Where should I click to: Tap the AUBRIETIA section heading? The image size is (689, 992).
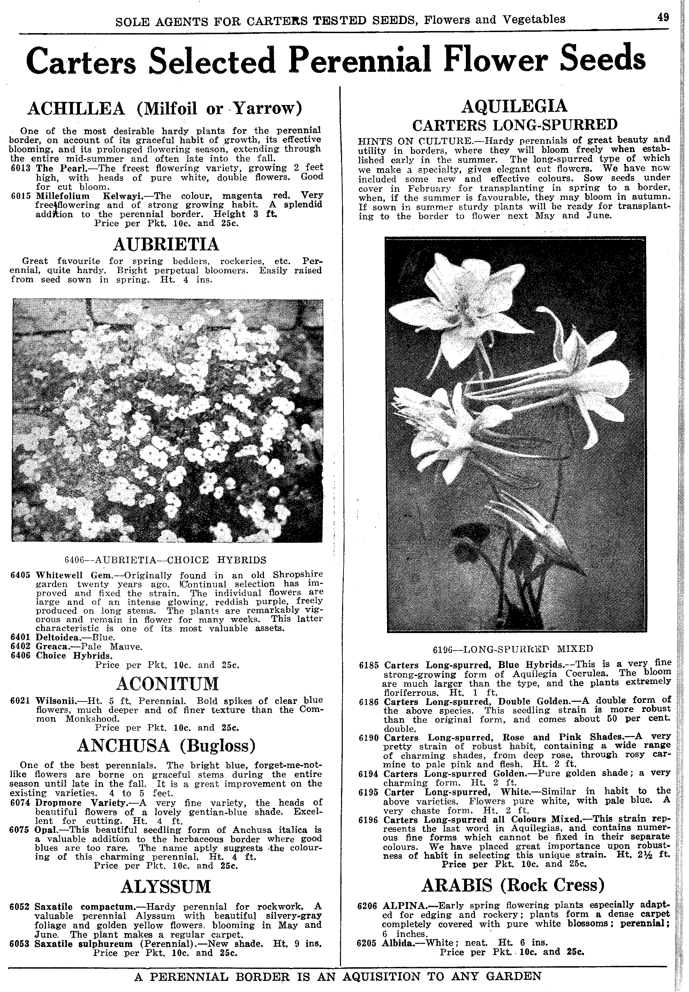pyautogui.click(x=166, y=245)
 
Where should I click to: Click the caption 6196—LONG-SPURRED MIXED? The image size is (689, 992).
pyautogui.click(x=513, y=649)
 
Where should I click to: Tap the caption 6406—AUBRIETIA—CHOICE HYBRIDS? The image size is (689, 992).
pyautogui.click(x=165, y=560)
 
